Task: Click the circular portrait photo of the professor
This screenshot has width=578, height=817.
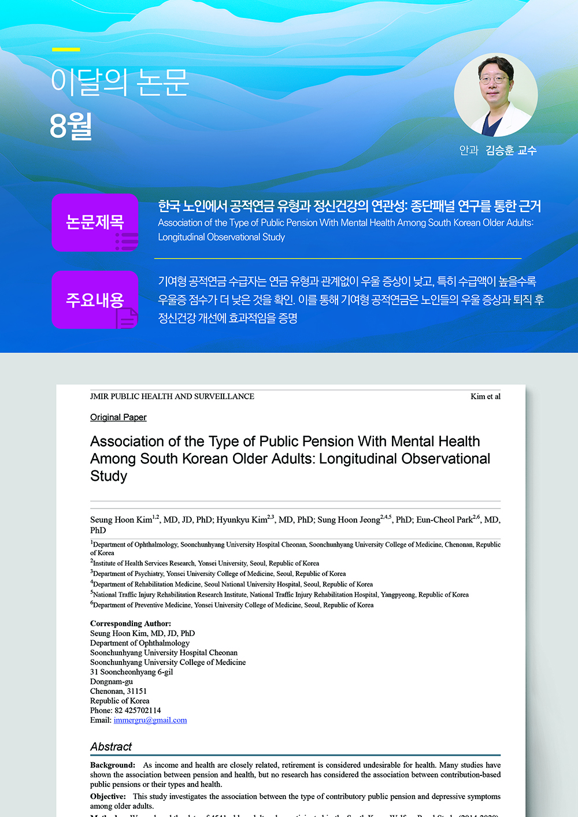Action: point(496,95)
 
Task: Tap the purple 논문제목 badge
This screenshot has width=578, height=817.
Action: point(95,222)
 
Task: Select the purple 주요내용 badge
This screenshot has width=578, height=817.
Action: point(95,300)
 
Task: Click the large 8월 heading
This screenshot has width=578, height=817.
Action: point(71,126)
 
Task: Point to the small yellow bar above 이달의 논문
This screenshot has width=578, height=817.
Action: point(66,50)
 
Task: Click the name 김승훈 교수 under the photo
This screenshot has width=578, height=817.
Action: point(511,150)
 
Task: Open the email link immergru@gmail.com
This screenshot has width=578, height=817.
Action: point(150,720)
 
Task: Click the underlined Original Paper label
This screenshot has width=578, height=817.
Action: point(118,417)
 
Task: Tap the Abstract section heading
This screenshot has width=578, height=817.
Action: point(111,747)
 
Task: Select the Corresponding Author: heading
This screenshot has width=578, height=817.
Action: point(131,623)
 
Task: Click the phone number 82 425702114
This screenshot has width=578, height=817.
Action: point(138,710)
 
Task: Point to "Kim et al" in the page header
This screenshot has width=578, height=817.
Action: point(486,396)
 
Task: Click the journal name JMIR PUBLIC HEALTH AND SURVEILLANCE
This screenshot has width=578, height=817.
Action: point(172,396)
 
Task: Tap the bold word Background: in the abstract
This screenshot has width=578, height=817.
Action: point(113,765)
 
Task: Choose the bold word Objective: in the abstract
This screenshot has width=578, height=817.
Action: point(108,796)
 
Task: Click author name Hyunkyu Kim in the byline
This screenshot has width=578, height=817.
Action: point(242,520)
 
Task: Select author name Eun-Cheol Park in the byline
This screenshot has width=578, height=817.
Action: point(444,520)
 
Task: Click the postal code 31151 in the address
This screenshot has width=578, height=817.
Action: point(137,691)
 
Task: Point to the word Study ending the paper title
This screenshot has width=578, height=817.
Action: point(109,476)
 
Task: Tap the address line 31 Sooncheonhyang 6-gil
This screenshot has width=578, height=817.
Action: point(131,672)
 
